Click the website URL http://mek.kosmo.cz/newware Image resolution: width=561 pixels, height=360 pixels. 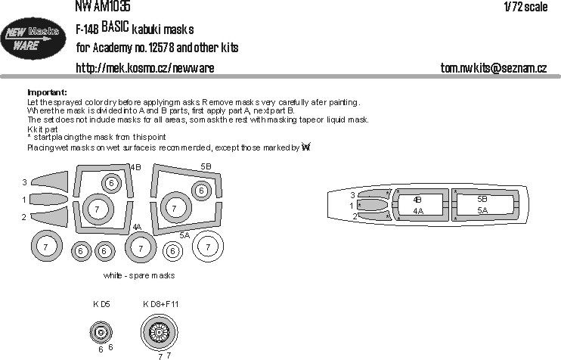pos(145,68)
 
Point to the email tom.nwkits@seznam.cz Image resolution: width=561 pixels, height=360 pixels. pos(493,68)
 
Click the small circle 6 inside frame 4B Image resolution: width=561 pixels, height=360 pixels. pos(110,182)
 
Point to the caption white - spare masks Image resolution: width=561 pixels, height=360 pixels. pos(141,276)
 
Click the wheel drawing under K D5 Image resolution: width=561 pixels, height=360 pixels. pos(100,331)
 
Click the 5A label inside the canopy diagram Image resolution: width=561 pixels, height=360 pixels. pos(482,209)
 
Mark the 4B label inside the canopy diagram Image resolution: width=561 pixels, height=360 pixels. pos(417,200)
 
